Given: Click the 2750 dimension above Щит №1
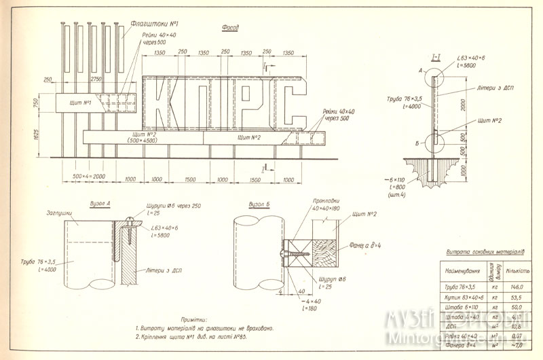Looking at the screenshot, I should (98, 79).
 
